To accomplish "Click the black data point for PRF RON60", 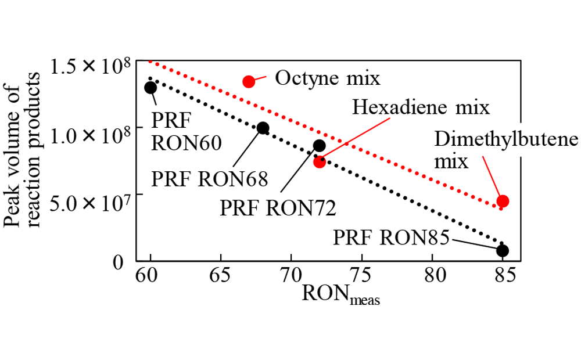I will click(150, 88).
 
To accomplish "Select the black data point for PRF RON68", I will click(263, 128).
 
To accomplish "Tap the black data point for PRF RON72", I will click(319, 146).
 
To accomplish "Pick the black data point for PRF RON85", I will click(503, 250).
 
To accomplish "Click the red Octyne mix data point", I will click(249, 81).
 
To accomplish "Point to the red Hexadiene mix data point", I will click(319, 161).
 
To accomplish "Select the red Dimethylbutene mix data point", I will click(503, 201).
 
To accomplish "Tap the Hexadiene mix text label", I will click(421, 107).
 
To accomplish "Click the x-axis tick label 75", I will click(361, 275).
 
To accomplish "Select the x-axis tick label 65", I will click(221, 275).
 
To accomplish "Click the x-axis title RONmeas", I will click(340, 294).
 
